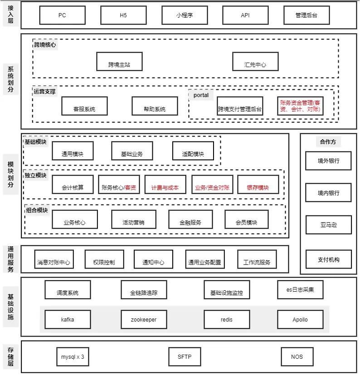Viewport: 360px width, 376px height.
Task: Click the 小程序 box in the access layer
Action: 184,15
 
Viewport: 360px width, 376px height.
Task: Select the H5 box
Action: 123,15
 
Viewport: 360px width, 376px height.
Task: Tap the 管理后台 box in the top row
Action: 306,15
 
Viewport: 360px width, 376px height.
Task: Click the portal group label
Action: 201,95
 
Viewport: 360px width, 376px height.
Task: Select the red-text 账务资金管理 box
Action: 300,106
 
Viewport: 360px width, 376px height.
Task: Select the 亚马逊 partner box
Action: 328,225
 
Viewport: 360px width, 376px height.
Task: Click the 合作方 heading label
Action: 328,142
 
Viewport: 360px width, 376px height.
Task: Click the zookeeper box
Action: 144,320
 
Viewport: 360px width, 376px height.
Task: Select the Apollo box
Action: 300,320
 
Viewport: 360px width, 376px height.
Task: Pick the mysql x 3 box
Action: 73,357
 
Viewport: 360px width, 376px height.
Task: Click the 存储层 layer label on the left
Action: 10,356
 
